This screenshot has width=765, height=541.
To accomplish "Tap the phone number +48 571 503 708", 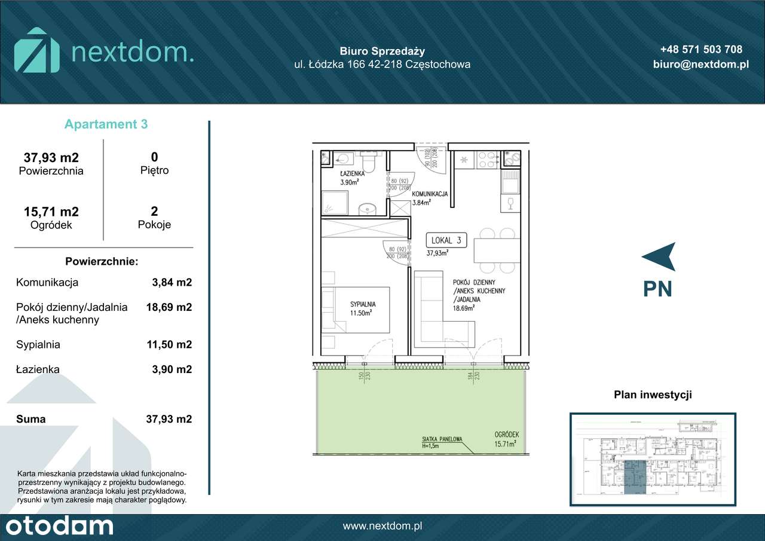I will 701,50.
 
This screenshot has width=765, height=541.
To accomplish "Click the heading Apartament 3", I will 106,124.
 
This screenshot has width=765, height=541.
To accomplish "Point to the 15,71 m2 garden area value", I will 51,212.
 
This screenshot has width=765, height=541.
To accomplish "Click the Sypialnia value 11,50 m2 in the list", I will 169,344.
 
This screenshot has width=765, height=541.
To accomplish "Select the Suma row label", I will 31,419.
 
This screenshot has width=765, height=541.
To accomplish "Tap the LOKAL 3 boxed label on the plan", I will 446,240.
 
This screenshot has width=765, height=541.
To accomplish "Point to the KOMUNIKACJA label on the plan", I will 430,194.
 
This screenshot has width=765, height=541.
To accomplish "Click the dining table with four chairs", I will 496,250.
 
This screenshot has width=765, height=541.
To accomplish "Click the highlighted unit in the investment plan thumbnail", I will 634,478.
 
